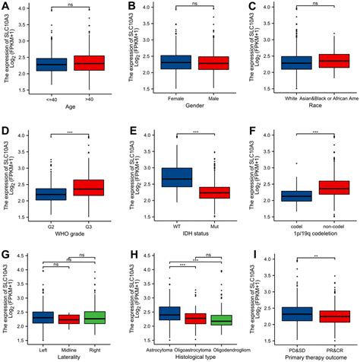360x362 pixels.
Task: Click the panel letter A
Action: click(6, 6)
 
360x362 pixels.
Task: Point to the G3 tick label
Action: click(90, 224)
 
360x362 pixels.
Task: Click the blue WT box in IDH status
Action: click(173, 176)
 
